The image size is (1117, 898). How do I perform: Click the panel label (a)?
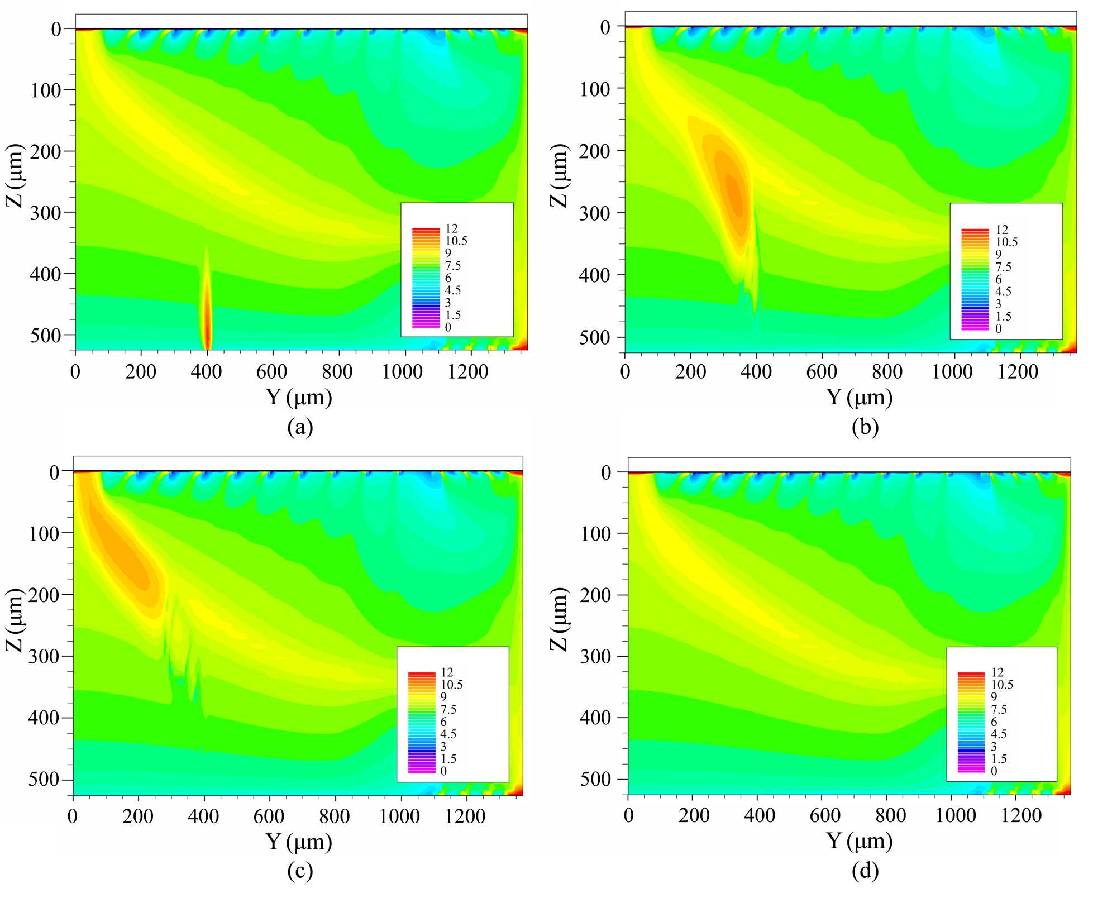(x=300, y=427)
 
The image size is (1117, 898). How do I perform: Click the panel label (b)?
(x=865, y=427)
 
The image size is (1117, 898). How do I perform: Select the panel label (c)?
(x=300, y=871)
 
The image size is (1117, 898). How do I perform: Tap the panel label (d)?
(x=865, y=871)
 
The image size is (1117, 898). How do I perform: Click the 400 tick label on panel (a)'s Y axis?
(x=206, y=371)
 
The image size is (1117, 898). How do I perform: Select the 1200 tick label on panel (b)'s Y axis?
(x=1018, y=371)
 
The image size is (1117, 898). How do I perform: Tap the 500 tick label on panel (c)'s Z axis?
(x=43, y=780)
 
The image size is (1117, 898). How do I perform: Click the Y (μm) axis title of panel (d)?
(x=859, y=841)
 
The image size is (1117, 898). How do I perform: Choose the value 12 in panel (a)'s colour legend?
(x=451, y=228)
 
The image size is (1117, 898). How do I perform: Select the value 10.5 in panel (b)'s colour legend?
(x=1006, y=242)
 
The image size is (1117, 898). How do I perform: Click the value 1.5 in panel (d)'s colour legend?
(x=999, y=758)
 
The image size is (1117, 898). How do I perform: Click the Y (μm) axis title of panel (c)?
(x=299, y=841)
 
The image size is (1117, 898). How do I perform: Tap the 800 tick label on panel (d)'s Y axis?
(x=890, y=815)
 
